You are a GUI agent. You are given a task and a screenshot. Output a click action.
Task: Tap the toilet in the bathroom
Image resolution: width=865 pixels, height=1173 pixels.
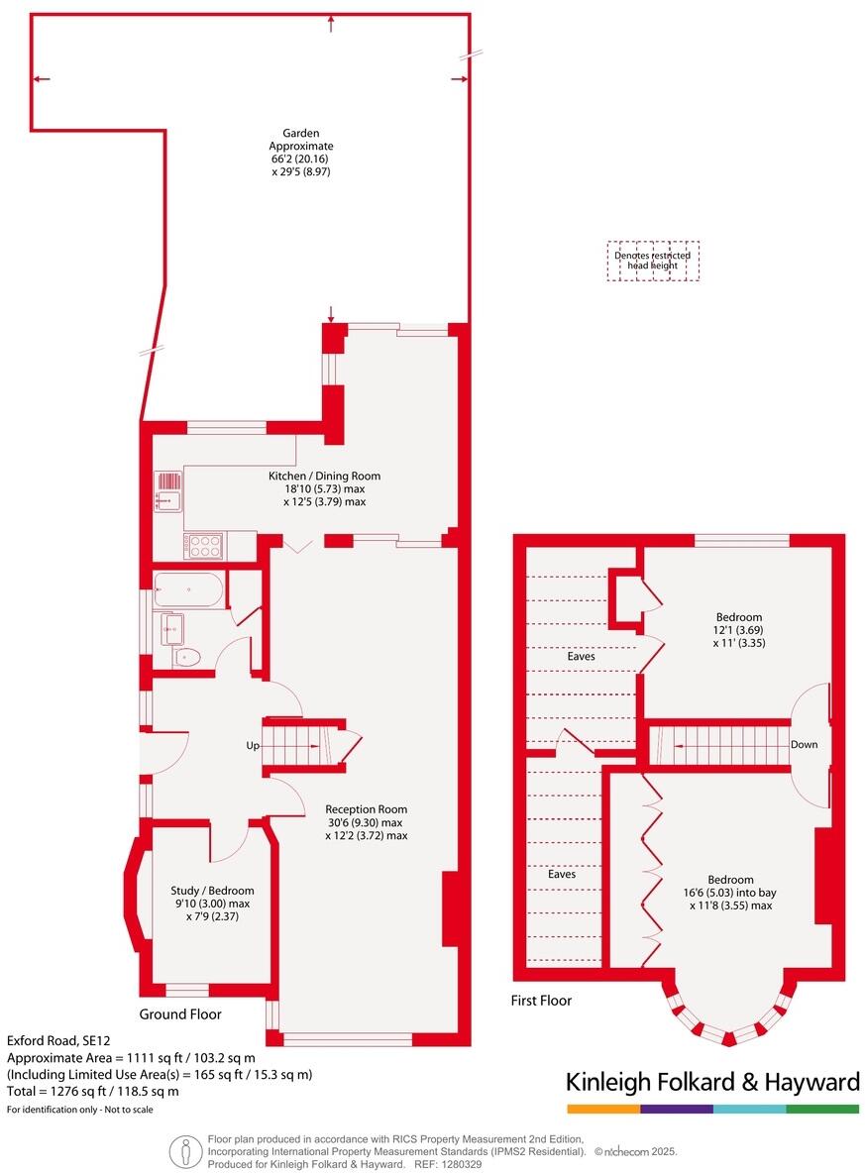click(x=186, y=656)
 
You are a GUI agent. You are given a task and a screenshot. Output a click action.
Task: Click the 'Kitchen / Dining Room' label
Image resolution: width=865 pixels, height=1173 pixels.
click(x=324, y=477)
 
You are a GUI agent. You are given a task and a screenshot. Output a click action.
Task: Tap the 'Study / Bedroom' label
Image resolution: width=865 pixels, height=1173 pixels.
click(x=212, y=890)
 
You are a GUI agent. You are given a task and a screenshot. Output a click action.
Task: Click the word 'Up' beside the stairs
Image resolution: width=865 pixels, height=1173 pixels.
click(x=254, y=744)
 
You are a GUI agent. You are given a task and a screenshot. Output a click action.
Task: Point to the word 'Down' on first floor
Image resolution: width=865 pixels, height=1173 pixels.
click(x=804, y=744)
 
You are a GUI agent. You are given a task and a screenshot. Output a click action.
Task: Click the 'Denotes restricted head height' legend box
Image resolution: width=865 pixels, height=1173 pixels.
click(x=653, y=261)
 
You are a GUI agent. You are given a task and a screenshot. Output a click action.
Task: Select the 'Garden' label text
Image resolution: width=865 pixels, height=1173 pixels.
click(x=301, y=133)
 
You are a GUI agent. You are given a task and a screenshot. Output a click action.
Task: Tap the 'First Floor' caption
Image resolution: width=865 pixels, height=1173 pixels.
click(x=541, y=1001)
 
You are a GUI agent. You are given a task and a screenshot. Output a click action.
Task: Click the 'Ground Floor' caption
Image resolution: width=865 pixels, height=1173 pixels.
click(x=180, y=1013)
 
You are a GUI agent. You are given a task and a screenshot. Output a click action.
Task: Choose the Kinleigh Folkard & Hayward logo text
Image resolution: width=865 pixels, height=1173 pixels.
click(x=711, y=1082)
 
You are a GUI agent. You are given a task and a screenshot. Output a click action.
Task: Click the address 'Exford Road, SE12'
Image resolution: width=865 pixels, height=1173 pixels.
click(x=52, y=1041)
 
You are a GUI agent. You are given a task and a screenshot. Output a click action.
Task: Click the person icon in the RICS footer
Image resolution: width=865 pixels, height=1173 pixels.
click(x=182, y=1151)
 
